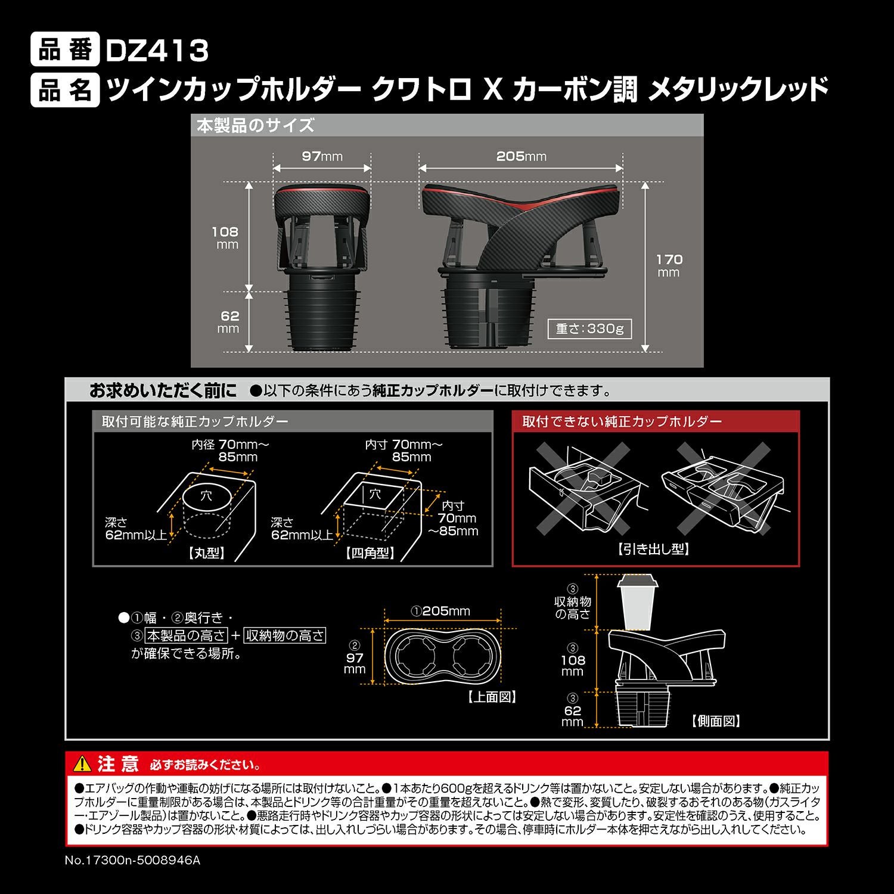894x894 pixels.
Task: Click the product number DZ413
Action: point(157,51)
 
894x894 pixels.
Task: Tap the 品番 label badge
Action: point(65,51)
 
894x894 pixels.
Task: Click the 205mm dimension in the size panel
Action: point(521,156)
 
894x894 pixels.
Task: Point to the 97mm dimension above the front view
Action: point(322,156)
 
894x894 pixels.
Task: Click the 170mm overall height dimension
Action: point(669,265)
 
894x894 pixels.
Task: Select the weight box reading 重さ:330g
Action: point(589,329)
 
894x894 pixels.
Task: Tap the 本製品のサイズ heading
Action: point(255,126)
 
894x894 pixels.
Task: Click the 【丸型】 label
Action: point(207,553)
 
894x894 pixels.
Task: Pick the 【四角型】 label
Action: point(370,553)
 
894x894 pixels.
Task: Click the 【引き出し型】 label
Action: point(654,549)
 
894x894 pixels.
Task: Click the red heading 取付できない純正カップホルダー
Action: point(622,421)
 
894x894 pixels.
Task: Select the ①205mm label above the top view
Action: point(441,611)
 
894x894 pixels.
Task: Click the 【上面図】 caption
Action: point(492,697)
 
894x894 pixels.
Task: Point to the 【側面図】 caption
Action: point(716,721)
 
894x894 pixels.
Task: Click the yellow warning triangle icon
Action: point(82,763)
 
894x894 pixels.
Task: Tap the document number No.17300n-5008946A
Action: point(132,861)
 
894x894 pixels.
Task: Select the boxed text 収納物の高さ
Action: point(285,635)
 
